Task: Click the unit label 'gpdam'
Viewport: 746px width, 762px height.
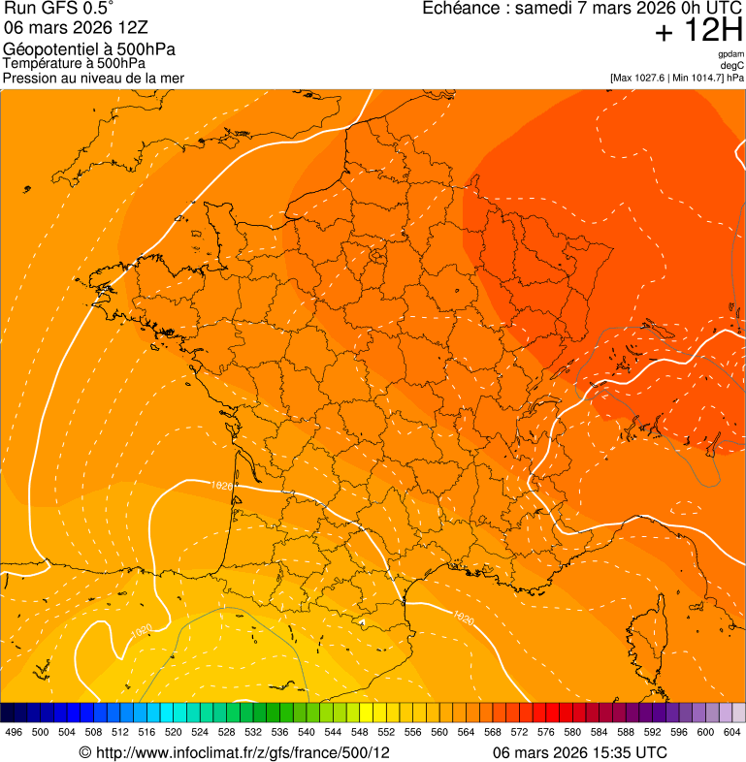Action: click(730, 54)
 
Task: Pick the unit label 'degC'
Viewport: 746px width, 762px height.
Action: click(732, 65)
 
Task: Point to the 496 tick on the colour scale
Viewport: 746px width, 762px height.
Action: click(14, 732)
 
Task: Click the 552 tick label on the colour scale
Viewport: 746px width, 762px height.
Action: click(385, 732)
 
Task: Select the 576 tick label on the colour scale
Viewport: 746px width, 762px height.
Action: click(545, 732)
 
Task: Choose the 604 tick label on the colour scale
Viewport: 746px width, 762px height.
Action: click(731, 732)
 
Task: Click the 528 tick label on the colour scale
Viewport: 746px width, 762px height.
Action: click(226, 732)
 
